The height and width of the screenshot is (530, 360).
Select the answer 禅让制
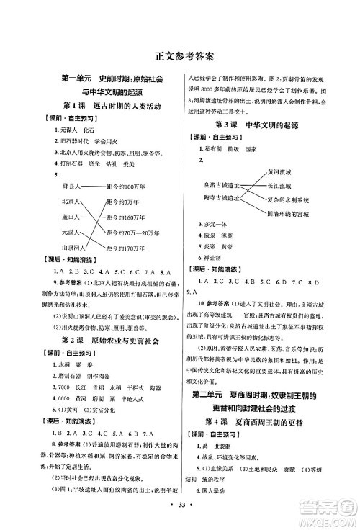211,259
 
